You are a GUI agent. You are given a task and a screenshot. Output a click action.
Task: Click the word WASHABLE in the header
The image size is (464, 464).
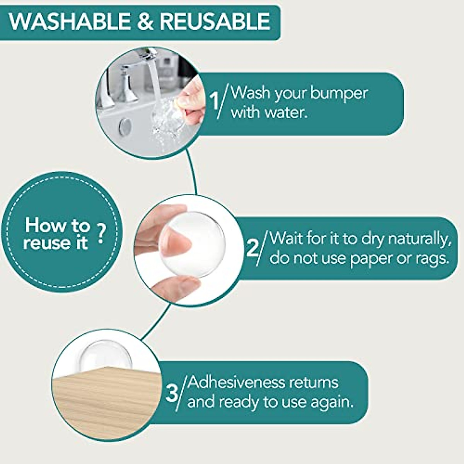[70, 21]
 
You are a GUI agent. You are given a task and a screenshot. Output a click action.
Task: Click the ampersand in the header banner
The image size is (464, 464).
[146, 21]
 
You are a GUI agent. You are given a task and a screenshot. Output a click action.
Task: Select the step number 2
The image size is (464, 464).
[252, 248]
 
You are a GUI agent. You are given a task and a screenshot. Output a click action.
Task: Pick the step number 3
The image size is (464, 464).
[172, 394]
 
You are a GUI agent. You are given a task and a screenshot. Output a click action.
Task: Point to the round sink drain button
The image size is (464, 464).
[125, 127]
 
